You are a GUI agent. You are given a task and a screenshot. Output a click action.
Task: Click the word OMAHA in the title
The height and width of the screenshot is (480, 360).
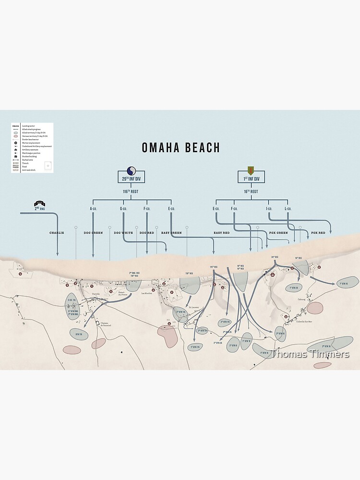click(x=161, y=147)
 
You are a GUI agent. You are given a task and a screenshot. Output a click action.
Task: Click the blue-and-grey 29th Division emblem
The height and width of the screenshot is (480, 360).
click(x=131, y=170)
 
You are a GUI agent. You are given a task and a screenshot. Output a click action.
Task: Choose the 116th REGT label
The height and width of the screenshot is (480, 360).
click(x=131, y=192)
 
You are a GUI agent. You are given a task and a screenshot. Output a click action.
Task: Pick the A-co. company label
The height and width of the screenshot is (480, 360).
click(x=93, y=209)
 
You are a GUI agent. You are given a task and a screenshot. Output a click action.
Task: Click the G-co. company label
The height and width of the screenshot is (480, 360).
click(x=123, y=209)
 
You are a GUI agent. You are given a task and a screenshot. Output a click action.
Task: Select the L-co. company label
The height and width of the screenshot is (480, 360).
click(x=288, y=209)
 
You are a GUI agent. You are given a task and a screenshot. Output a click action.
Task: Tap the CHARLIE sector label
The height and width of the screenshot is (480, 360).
click(x=57, y=233)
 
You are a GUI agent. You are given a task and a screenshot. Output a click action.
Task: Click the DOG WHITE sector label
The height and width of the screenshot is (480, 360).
click(x=123, y=233)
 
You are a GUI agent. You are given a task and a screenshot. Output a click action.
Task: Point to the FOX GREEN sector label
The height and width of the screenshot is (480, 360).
click(x=278, y=233)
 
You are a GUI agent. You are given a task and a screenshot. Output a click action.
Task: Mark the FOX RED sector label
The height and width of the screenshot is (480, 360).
click(x=318, y=233)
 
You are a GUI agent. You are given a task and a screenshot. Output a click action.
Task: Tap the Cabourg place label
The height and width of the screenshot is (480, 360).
click(x=302, y=298)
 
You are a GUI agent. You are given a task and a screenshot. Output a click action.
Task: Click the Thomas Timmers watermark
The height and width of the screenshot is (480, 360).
click(x=310, y=355)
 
